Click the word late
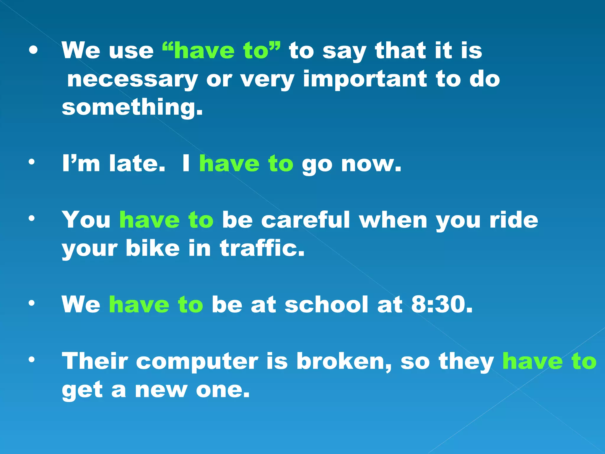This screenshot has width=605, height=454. click(136, 163)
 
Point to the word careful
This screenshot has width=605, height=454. click(306, 220)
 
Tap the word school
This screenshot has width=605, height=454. click(327, 304)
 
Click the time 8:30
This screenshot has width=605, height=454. click(442, 304)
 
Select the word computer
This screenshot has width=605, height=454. click(197, 361)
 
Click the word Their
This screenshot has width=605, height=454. click(95, 361)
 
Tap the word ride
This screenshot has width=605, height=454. click(514, 220)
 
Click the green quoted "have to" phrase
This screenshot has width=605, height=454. click(222, 51)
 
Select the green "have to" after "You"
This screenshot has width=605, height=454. click(166, 220)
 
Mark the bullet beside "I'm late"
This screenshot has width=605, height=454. click(32, 162)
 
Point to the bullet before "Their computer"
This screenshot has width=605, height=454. click(32, 359)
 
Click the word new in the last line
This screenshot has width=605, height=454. click(161, 389)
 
